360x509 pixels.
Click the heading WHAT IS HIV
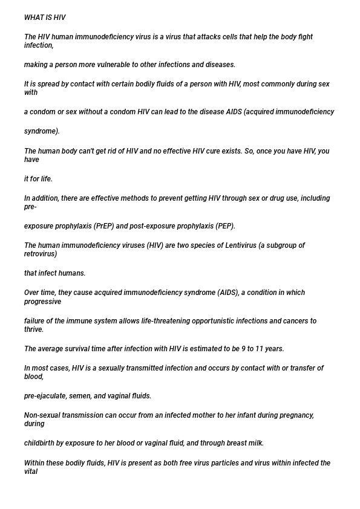click(45, 18)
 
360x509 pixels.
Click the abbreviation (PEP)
click(225, 227)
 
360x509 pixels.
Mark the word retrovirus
click(41, 254)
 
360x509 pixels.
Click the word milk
click(256, 443)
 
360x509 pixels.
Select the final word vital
click(31, 472)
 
